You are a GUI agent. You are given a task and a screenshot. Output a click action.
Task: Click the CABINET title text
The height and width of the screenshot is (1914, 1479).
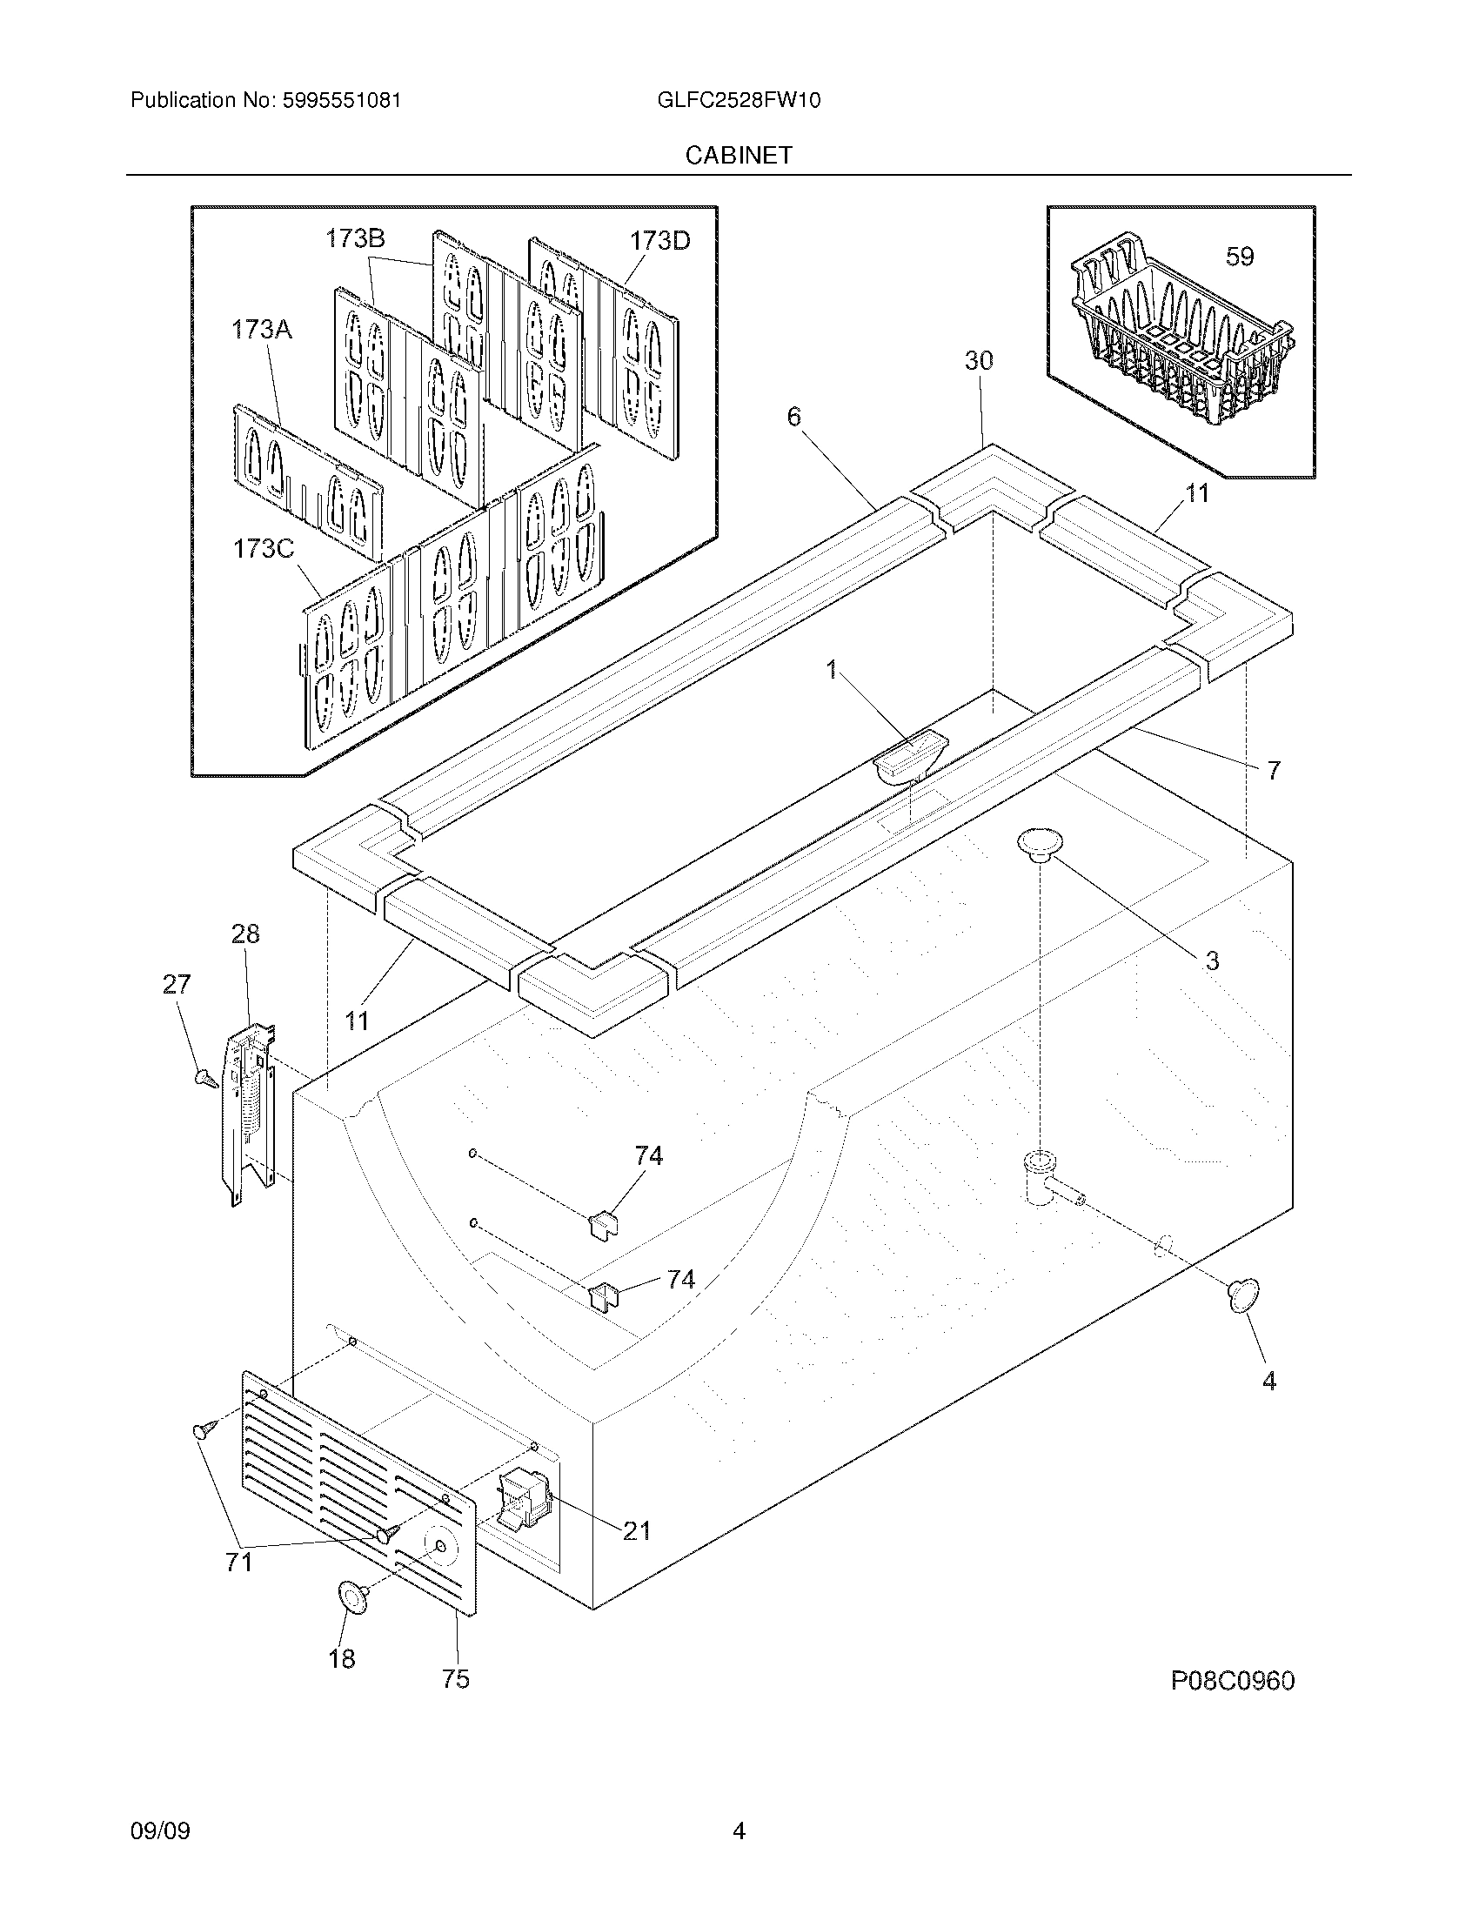(739, 155)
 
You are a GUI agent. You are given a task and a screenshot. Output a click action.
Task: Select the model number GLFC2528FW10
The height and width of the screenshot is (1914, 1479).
(739, 100)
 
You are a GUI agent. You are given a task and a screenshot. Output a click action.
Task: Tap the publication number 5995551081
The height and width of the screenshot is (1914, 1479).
(342, 100)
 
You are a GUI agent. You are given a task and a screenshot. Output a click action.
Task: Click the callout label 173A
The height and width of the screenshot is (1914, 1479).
(261, 330)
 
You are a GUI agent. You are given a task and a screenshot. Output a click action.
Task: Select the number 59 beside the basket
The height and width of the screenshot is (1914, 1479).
(1240, 257)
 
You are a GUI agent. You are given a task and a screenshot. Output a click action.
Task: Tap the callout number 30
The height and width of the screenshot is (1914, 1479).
(979, 360)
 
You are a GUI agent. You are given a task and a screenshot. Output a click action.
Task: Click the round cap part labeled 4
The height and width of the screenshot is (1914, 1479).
(1242, 1296)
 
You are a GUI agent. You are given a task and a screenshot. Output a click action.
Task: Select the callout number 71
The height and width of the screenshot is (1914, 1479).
(239, 1562)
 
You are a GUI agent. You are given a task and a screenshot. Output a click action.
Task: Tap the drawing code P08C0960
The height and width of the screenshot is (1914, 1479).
(1233, 1681)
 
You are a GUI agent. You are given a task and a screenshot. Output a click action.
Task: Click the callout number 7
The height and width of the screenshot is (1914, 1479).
(1273, 770)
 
